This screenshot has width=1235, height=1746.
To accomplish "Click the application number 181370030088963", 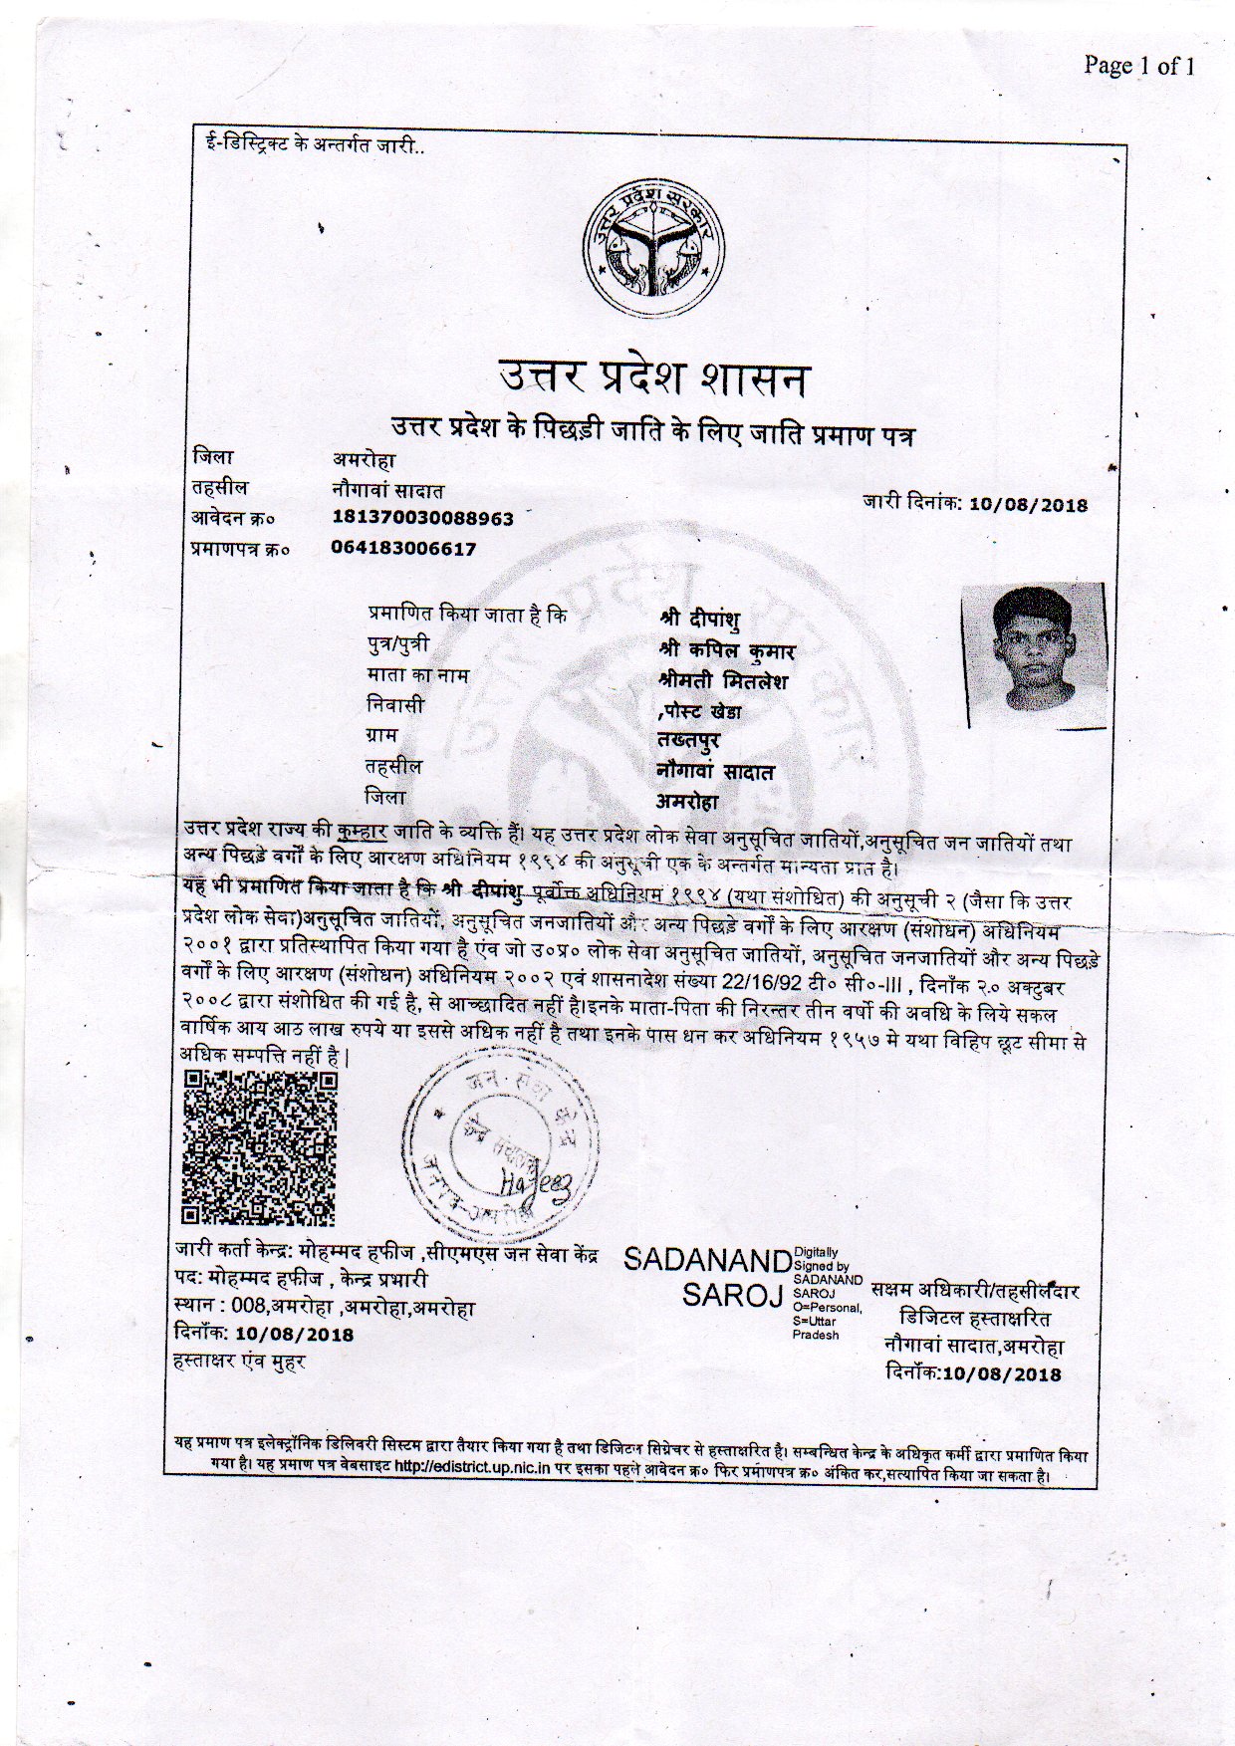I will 422,518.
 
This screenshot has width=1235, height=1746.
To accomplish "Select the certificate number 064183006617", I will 403,548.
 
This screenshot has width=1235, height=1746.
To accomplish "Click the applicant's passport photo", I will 1033,654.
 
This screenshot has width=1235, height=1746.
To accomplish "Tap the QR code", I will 260,1147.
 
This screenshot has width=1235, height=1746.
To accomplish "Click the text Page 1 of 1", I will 1138,67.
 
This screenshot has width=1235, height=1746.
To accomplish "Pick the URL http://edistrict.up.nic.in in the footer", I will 473,1466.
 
